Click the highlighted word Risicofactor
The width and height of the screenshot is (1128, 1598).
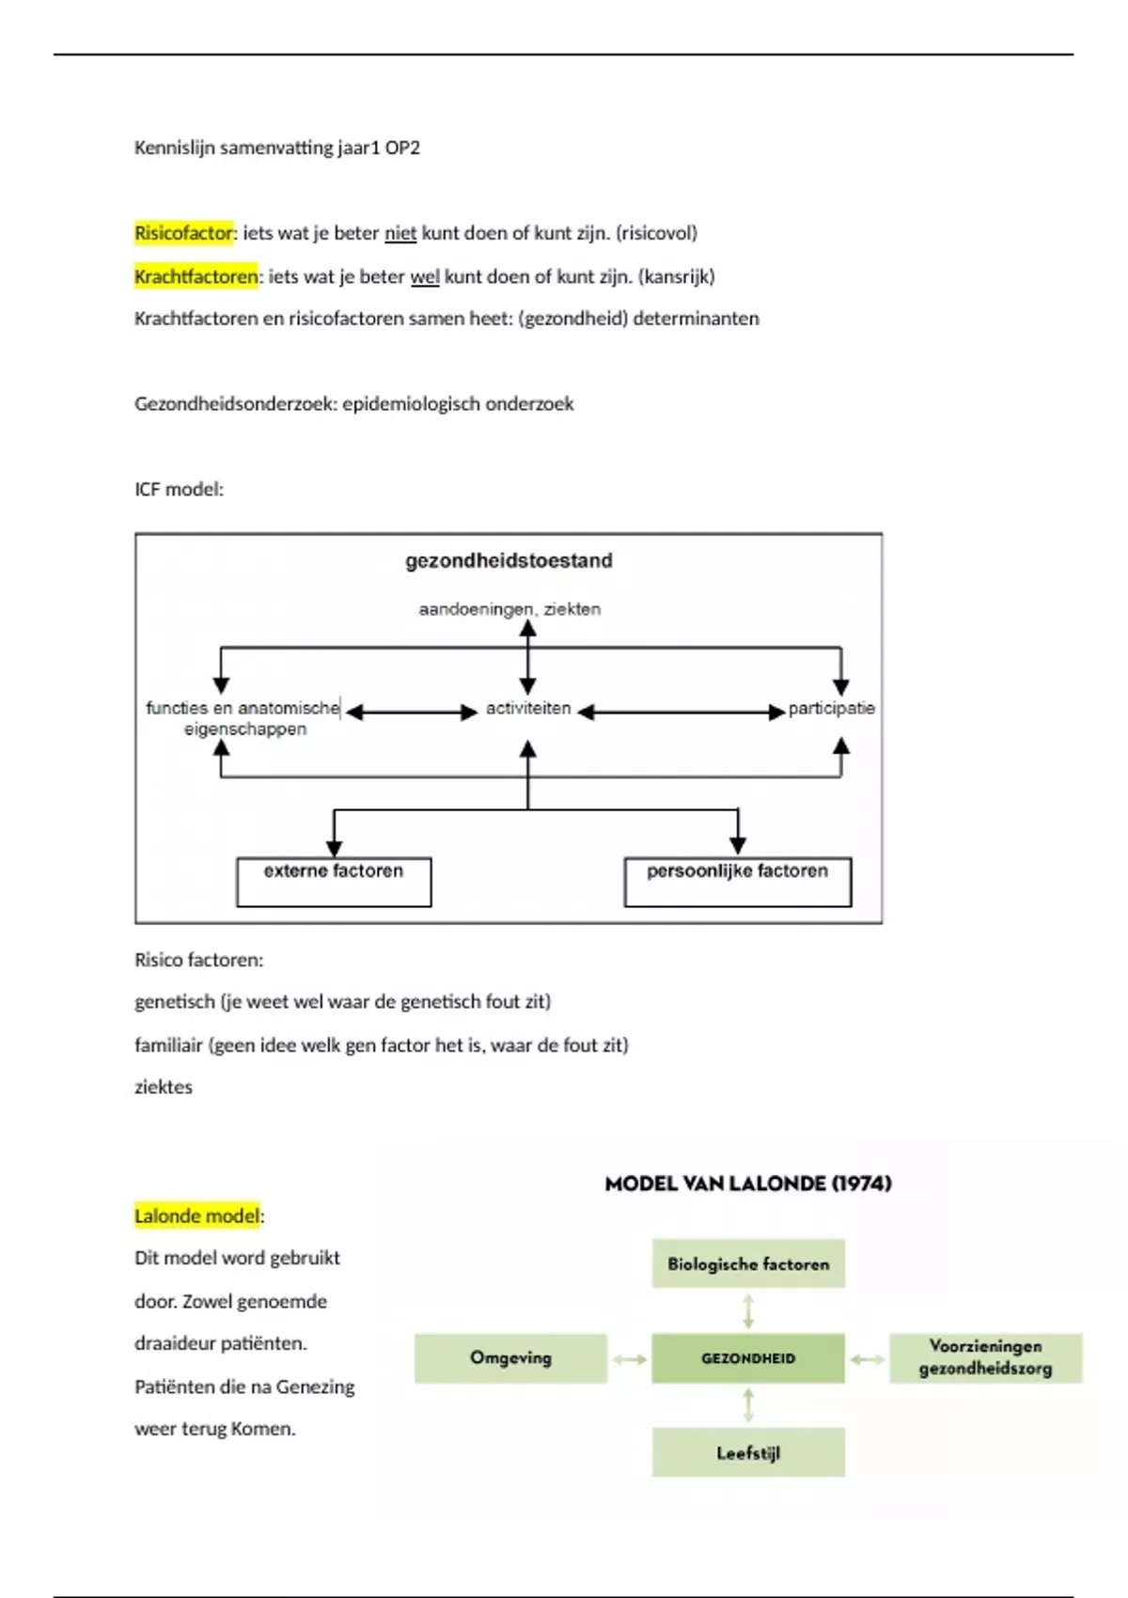tap(183, 233)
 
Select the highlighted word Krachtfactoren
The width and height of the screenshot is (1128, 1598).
tap(196, 276)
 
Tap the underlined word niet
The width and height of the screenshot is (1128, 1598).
tap(400, 233)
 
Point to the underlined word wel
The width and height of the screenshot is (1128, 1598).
tap(425, 276)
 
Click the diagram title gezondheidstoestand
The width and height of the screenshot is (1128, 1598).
tap(509, 561)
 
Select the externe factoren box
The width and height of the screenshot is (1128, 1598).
tap(334, 881)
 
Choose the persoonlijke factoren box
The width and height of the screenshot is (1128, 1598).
tap(737, 881)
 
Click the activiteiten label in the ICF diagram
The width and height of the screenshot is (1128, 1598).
tap(528, 709)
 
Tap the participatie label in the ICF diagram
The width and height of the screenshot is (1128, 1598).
tap(831, 709)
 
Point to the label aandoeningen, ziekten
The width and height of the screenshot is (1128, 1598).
tap(509, 609)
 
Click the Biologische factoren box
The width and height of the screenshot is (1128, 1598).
tap(748, 1263)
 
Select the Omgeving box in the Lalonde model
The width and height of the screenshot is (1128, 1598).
tap(510, 1358)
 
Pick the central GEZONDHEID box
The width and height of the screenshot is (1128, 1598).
tap(748, 1358)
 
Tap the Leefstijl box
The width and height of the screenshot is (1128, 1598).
tap(748, 1453)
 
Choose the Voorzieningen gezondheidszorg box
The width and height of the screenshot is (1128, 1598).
tap(985, 1358)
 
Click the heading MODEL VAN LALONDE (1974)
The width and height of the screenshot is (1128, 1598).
tap(748, 1183)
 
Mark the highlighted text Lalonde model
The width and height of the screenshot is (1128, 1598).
tap(196, 1216)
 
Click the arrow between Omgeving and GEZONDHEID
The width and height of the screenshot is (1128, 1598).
tap(630, 1359)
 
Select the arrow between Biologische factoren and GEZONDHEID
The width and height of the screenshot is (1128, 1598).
tap(748, 1310)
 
